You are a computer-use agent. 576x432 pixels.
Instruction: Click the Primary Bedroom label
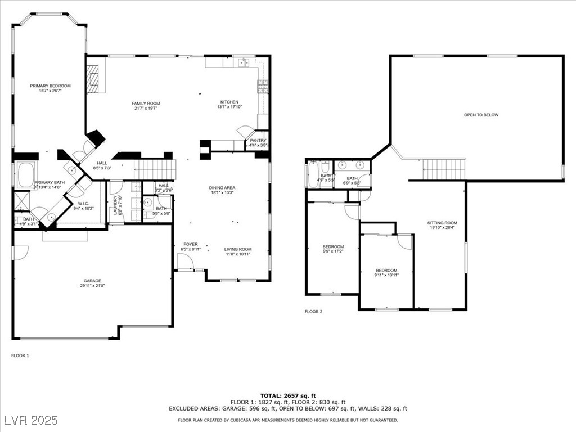click(51, 85)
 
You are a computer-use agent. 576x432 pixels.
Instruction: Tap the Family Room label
click(146, 103)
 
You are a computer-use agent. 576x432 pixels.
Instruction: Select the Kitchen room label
click(229, 102)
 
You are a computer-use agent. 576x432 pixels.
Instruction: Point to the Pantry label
click(258, 141)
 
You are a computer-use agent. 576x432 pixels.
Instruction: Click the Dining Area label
click(222, 188)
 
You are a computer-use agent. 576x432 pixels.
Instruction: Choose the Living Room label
click(238, 249)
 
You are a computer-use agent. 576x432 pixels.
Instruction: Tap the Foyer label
click(190, 244)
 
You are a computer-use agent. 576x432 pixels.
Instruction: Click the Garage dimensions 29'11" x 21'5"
click(93, 286)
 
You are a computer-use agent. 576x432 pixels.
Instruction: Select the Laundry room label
click(116, 205)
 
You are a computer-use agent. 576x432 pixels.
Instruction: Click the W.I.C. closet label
click(84, 204)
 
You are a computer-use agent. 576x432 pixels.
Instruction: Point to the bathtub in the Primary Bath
click(26, 175)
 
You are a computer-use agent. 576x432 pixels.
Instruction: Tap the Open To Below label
click(481, 115)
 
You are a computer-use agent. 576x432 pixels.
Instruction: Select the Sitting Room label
click(442, 223)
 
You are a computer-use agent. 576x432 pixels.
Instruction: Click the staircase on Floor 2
click(444, 169)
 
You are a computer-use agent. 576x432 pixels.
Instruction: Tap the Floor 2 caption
click(313, 311)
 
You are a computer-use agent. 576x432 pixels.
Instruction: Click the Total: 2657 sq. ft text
click(288, 395)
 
